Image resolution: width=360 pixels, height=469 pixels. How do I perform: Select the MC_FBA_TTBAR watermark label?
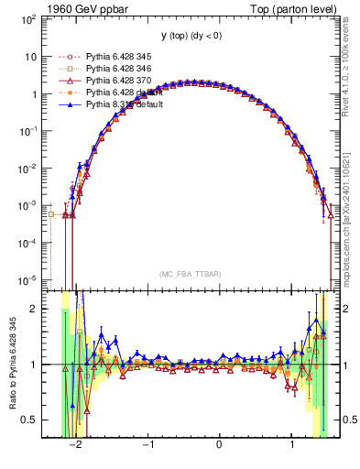(190, 274)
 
